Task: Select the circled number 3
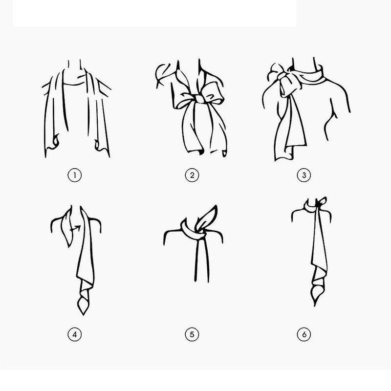tap(304, 175)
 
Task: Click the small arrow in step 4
tap(74, 227)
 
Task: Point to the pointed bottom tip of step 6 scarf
tap(316, 304)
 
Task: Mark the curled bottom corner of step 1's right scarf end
tap(99, 145)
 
